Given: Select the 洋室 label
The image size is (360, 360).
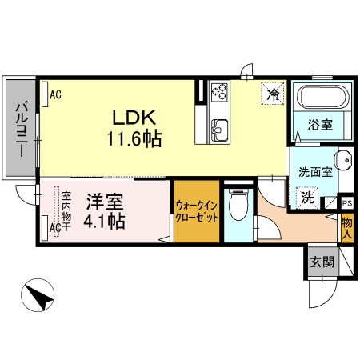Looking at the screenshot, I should click(x=104, y=201).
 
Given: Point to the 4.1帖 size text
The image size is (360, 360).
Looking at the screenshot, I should click(x=105, y=221).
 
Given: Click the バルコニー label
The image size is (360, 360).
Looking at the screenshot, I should click(x=22, y=128).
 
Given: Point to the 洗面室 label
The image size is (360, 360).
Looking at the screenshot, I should click(x=314, y=171).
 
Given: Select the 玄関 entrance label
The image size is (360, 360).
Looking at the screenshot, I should click(x=322, y=261).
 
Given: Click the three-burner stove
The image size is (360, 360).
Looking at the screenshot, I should click(x=219, y=94).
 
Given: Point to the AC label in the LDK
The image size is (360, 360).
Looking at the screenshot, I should click(x=55, y=94).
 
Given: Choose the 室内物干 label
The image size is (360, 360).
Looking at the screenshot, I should click(x=66, y=210).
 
